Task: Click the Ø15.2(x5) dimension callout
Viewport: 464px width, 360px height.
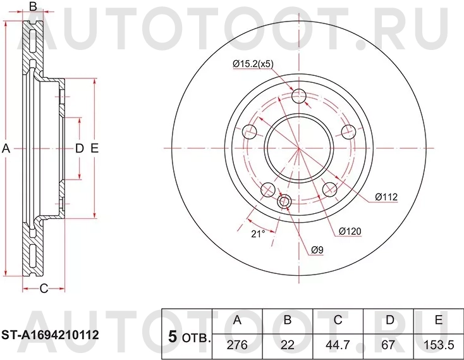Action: (253, 65)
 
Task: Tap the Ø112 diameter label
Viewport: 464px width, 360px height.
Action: (386, 197)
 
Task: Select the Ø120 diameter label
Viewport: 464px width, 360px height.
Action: (350, 232)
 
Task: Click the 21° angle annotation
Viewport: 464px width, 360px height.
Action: (257, 233)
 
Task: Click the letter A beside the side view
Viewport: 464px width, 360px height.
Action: (6, 149)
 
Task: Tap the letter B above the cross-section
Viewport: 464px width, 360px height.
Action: (34, 7)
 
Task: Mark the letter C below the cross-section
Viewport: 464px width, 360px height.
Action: (44, 289)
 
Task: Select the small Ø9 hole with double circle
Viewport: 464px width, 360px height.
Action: (284, 202)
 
